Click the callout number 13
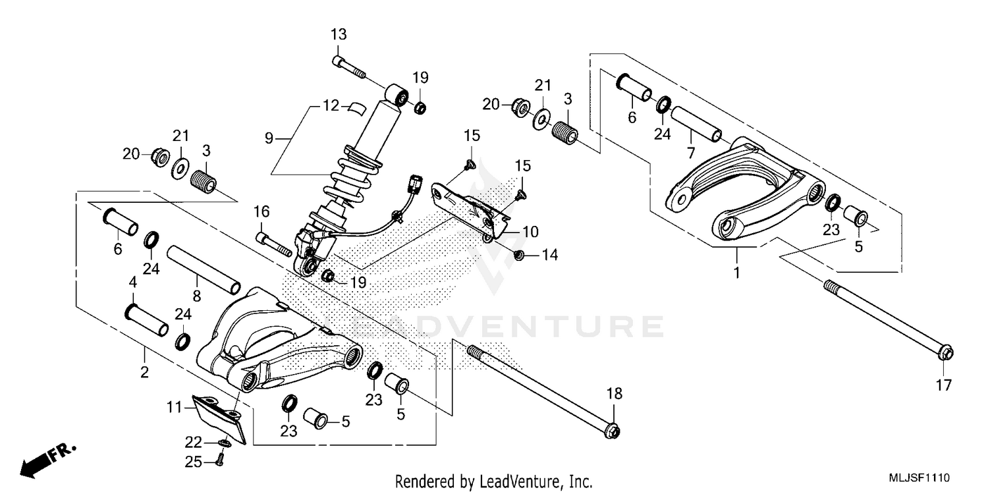point(338,35)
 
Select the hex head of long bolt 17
point(943,354)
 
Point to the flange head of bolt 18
point(612,431)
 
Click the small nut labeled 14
point(518,255)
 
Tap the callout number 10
point(530,233)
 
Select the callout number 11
point(173,408)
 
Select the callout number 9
point(269,138)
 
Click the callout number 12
point(331,105)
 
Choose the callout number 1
point(736,272)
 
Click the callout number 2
point(144,373)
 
